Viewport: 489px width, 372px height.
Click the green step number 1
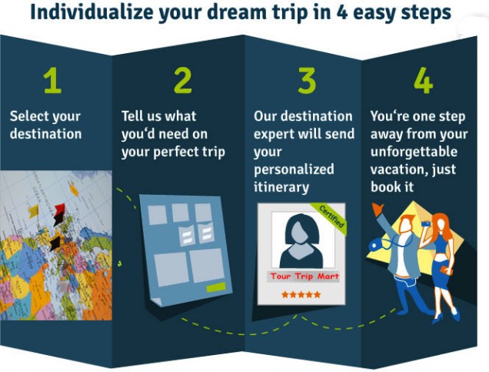point(53,81)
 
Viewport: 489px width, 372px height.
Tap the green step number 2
point(183,81)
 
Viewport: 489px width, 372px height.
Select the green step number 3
point(307,81)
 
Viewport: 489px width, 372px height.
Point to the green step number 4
point(423,81)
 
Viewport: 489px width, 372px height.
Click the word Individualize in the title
point(91,12)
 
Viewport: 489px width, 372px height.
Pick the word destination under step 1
point(45,134)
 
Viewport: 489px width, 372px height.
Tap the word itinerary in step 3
point(281,187)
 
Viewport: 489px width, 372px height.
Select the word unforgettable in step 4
point(414,152)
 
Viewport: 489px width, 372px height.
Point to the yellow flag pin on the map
point(34,211)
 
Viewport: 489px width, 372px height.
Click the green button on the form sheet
point(216,287)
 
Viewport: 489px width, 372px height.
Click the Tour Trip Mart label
point(304,276)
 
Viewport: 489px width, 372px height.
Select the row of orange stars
point(301,294)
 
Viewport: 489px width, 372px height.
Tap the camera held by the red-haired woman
point(425,223)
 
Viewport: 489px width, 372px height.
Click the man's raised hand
point(378,209)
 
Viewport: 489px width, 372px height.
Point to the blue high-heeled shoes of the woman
point(445,316)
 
